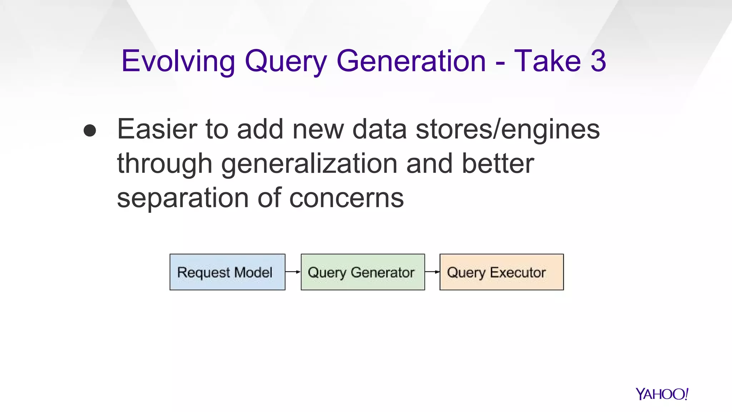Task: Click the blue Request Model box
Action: pos(227,272)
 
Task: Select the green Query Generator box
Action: pos(363,272)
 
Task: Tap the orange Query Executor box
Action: pos(501,272)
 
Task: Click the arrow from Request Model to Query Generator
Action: pos(293,272)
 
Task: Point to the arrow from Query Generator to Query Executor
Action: pos(432,272)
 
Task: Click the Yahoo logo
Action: pos(662,394)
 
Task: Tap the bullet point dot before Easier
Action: pos(90,131)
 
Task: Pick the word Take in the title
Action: pos(548,61)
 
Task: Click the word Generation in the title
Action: pos(411,61)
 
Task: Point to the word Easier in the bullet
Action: pos(157,129)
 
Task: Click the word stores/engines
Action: pos(508,130)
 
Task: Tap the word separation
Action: pos(183,198)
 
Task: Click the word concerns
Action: pos(346,198)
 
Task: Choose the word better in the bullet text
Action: pos(498,163)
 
